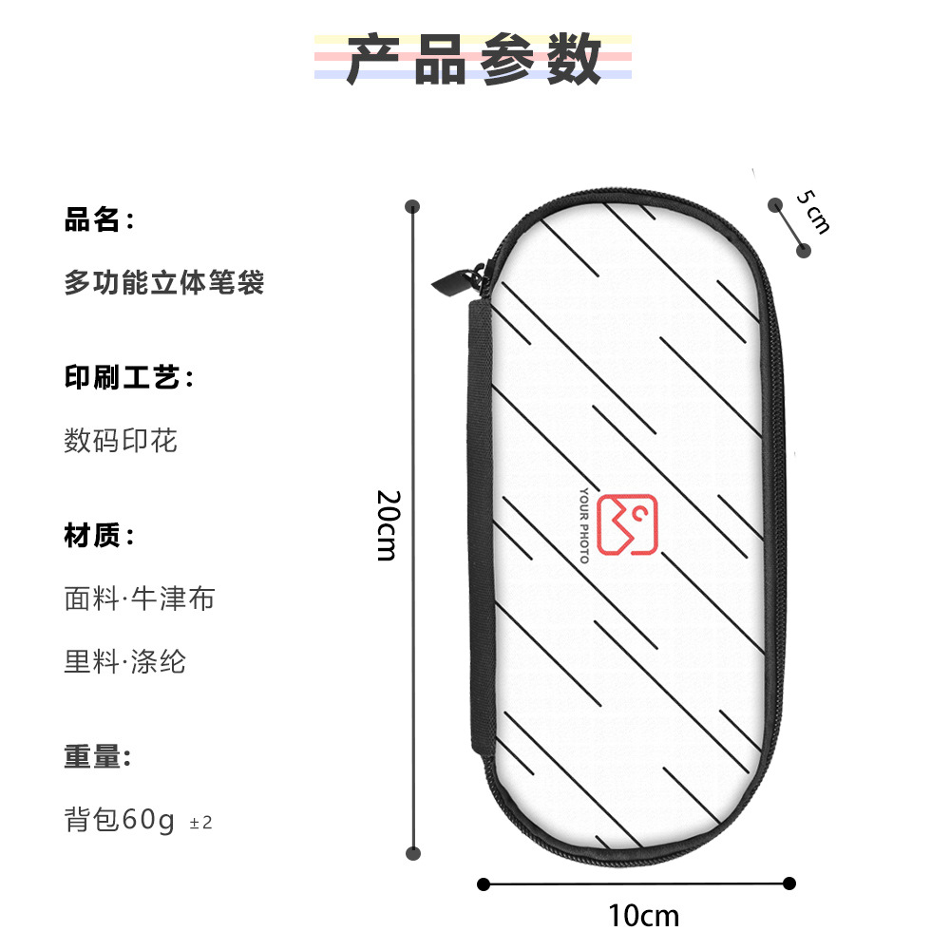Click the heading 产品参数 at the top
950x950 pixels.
pos(473,59)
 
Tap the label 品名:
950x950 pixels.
pos(99,221)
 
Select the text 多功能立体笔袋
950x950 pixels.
pos(163,282)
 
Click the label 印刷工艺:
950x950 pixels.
pos(128,378)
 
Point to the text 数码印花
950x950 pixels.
pos(121,440)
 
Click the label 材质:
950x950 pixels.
pos(99,536)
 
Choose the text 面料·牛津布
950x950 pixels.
pos(140,598)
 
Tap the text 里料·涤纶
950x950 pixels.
pos(124,661)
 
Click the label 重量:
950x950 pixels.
pos(97,757)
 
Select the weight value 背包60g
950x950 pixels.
pos(120,819)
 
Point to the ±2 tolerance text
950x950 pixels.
pos(201,823)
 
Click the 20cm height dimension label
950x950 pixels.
pos(386,525)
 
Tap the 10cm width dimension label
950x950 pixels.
pos(644,916)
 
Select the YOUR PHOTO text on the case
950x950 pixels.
pos(584,525)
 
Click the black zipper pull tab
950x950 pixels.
pos(449,277)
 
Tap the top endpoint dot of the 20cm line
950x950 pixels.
pos(412,206)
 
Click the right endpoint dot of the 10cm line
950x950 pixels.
pos(788,883)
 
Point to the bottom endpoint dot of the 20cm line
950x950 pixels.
pos(412,853)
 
